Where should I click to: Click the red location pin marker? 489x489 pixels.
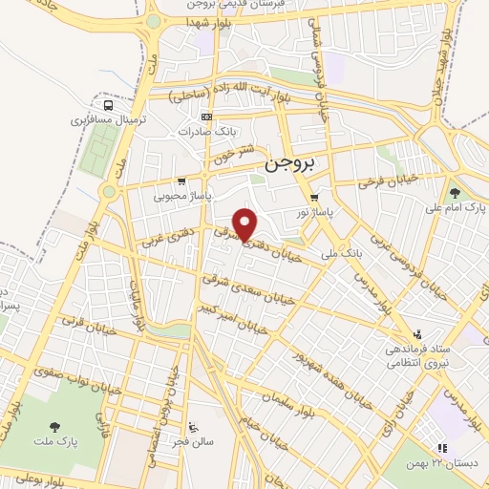tap(246, 223)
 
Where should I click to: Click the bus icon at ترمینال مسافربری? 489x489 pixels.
tap(109, 105)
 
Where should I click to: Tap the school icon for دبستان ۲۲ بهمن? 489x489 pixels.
tap(440, 448)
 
